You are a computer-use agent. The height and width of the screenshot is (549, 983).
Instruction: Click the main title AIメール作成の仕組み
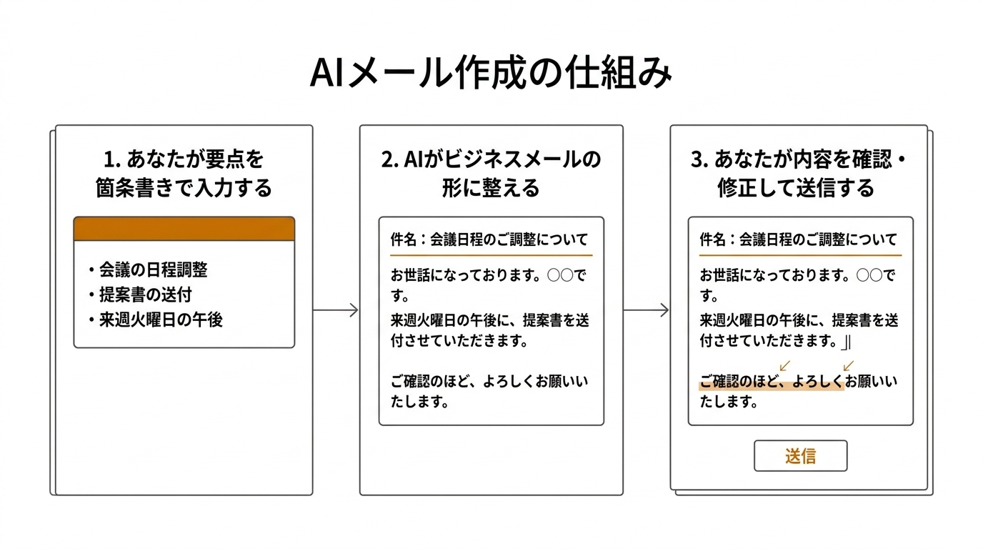coord(491,74)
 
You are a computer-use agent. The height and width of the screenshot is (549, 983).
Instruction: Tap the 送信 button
coord(800,456)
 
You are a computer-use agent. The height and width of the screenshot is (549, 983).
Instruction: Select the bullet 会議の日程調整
coord(153,270)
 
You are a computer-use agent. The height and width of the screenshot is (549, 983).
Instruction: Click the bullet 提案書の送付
coord(145,295)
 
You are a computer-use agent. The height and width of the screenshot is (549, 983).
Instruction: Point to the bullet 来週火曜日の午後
coord(160,320)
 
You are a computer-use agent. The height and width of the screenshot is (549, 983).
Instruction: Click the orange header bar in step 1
coord(184,229)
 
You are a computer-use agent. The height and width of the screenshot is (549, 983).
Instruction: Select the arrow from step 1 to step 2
coord(336,310)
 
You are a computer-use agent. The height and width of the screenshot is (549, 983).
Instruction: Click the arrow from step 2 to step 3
coord(647,310)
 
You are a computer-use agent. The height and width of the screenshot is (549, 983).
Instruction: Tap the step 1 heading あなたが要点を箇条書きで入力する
coord(184,173)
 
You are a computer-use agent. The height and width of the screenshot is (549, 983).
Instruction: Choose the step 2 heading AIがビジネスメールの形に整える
coord(491,173)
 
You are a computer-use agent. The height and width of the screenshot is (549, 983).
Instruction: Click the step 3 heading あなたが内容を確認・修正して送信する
coord(798,173)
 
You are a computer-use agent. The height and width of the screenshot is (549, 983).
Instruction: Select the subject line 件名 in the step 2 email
coord(489,239)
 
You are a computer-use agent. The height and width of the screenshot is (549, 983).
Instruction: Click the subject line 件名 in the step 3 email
coord(798,239)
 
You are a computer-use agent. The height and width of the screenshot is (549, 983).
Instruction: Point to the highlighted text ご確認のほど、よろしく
coord(771,382)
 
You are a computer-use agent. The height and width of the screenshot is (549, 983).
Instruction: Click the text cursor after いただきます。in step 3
coord(847,342)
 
